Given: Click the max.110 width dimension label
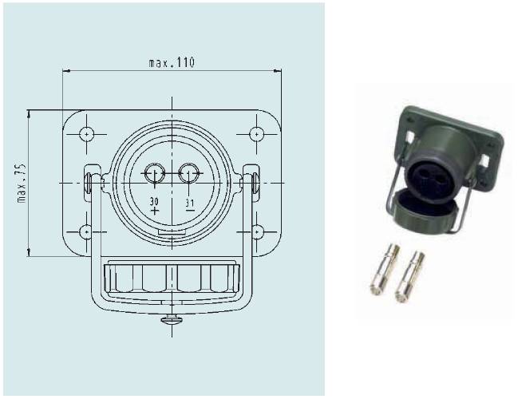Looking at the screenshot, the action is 172,62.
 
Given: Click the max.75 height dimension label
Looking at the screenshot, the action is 22,183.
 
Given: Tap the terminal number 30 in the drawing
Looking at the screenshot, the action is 154,201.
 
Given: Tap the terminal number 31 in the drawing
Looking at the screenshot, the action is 190,202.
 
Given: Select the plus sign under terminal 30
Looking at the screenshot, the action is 155,211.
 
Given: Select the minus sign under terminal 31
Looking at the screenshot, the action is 189,210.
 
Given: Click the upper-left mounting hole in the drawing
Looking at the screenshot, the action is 86,134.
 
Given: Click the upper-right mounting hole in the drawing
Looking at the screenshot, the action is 256,134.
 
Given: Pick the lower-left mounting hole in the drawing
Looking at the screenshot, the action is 86,232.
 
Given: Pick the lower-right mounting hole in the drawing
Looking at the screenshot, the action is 256,232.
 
